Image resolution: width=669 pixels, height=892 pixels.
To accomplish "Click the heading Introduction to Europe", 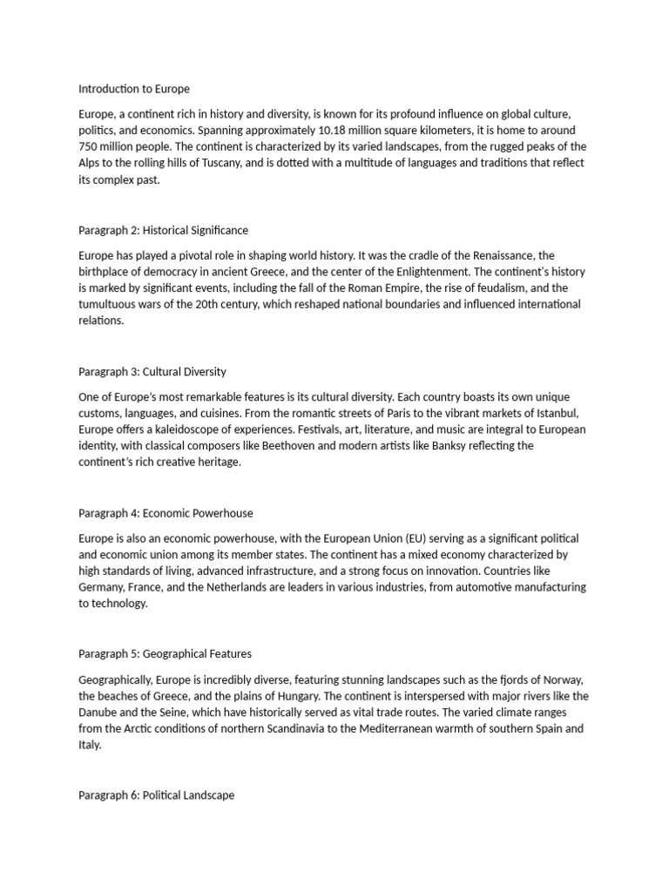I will point(134,89).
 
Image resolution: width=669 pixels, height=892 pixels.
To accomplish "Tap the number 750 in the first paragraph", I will point(88,147).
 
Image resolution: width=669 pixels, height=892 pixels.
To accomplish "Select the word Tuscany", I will point(294,164).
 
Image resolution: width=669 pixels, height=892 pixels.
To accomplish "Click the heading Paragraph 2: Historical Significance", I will point(164,231).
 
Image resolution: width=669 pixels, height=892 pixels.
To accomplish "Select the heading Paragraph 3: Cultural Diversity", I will point(152,372).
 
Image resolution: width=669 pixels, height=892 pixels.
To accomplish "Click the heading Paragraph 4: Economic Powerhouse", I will point(166,513).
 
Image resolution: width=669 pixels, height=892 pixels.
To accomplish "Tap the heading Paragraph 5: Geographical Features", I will point(166,654).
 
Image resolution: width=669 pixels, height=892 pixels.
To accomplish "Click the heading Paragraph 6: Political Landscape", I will point(157,796).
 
